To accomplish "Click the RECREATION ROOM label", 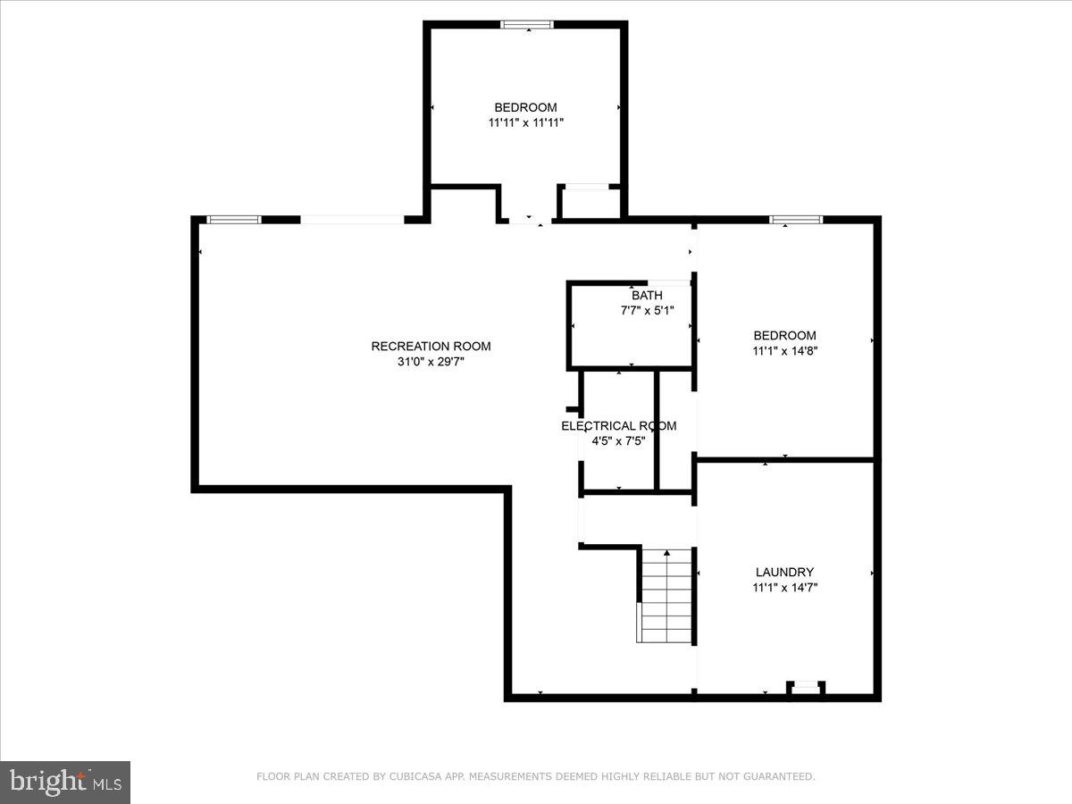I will point(431,347).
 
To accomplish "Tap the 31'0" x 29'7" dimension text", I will point(431,363).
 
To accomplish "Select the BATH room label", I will point(647,295).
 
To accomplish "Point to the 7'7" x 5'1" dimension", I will point(647,311).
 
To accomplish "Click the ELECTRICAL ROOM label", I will point(618,426).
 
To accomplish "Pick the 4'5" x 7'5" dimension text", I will point(618,441).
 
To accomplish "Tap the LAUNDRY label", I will point(784,572).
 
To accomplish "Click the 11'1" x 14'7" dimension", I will point(784,588).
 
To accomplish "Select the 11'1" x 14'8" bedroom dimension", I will point(784,351).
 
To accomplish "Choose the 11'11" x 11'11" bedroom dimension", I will point(525,123).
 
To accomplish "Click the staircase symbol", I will point(666,597).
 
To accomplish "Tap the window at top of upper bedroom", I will point(527,24).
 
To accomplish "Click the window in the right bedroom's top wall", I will point(796,220).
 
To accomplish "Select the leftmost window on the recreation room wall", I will point(234,220).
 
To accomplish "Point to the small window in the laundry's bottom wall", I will point(807,686).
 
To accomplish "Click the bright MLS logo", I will point(64,783).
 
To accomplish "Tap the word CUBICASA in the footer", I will point(413,777).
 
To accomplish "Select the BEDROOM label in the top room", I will point(525,107).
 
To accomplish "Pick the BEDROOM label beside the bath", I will point(784,336).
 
